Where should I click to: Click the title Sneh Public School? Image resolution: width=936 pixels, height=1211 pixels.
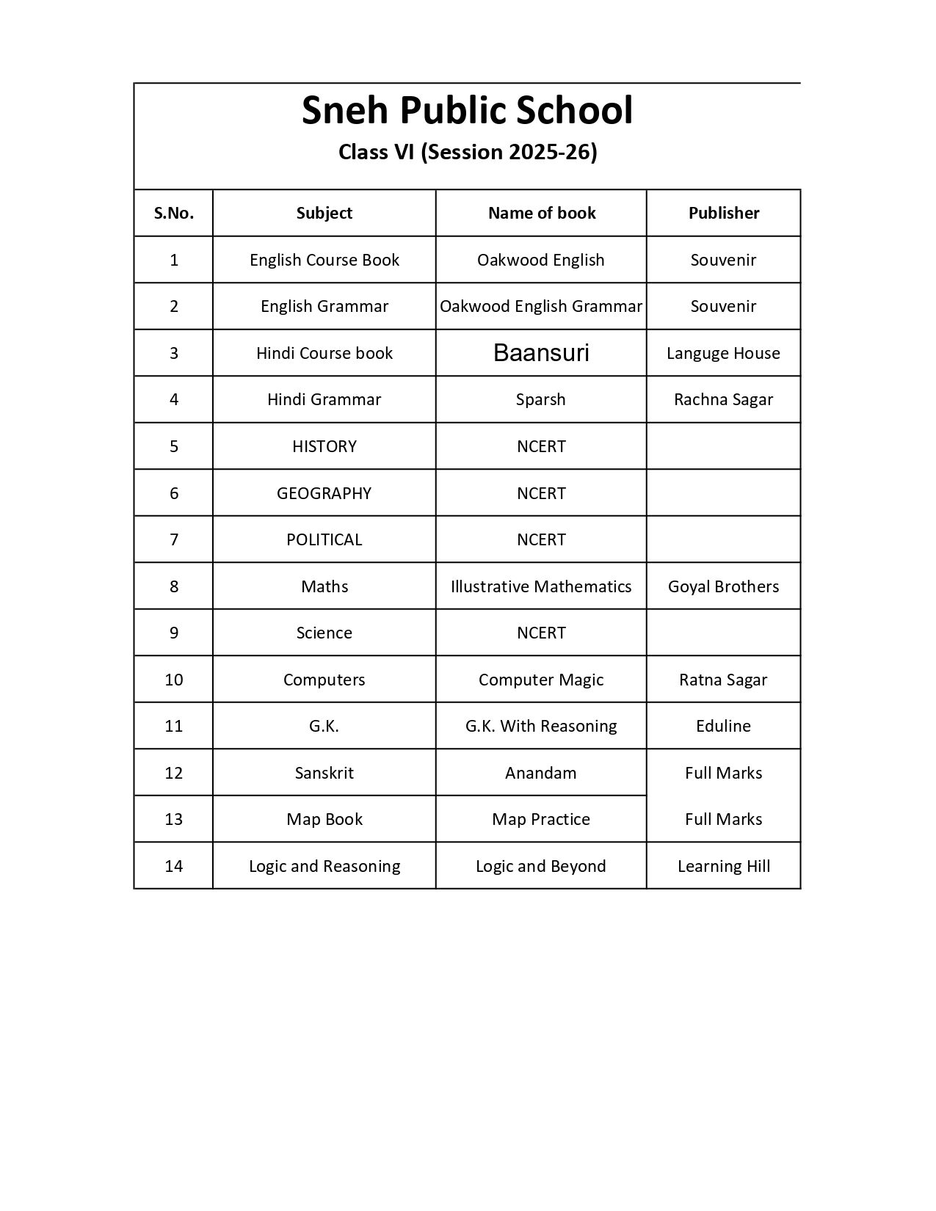(467, 111)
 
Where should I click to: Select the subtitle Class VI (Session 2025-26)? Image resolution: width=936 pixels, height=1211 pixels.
(467, 152)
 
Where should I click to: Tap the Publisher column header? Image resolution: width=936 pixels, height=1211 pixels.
(723, 213)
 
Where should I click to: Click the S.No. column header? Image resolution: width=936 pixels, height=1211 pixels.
(174, 213)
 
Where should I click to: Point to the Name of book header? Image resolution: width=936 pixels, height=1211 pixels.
(541, 213)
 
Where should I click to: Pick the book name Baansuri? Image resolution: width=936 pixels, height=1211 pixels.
(541, 353)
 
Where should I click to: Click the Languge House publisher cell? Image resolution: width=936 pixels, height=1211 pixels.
(723, 353)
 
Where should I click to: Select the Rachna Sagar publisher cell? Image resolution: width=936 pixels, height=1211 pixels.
(723, 399)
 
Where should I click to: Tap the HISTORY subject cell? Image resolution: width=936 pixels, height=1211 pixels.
(324, 446)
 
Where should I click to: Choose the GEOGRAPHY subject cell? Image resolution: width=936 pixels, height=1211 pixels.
(324, 493)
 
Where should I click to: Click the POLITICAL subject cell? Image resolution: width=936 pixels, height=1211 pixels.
(324, 539)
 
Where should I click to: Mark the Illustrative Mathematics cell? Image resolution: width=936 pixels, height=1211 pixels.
(541, 586)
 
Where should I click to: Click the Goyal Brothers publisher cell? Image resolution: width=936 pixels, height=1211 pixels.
(723, 586)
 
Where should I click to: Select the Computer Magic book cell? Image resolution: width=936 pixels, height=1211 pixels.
(541, 680)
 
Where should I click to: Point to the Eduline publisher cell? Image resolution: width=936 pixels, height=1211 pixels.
(723, 726)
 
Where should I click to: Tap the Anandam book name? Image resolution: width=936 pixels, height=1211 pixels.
(541, 773)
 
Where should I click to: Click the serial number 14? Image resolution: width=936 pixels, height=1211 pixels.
(174, 866)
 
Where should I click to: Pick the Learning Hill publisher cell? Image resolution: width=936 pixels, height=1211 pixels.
(723, 866)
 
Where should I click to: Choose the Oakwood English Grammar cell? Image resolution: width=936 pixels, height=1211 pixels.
(541, 306)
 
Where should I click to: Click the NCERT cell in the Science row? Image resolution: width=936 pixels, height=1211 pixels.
(541, 633)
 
